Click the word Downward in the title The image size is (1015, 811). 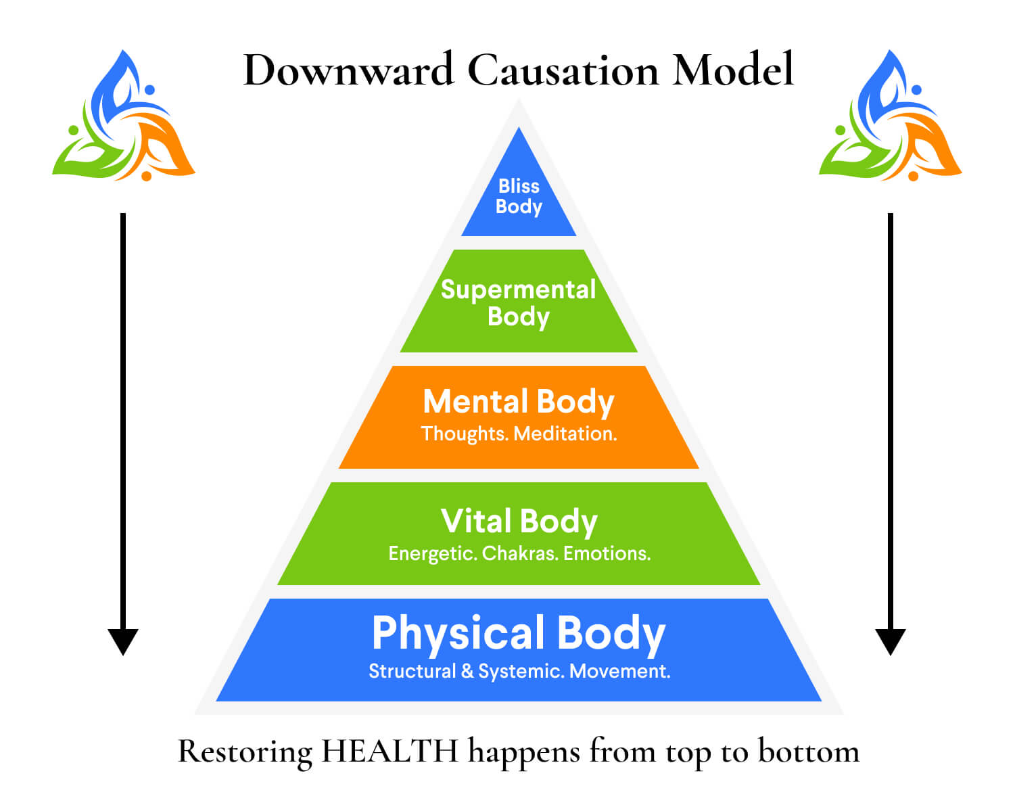tap(348, 70)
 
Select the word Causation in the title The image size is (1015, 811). tap(563, 70)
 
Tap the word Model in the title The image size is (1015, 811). tap(732, 70)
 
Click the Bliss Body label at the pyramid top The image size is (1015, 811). tap(519, 196)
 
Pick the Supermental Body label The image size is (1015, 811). tap(519, 303)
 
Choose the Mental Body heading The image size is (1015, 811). tap(519, 402)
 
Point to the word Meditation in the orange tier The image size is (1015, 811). tap(565, 434)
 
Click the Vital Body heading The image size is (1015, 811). tap(519, 522)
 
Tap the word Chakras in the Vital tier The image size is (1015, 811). tap(520, 553)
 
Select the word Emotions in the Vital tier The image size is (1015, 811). tap(607, 553)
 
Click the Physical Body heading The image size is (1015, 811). tap(519, 633)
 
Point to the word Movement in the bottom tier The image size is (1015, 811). tap(620, 671)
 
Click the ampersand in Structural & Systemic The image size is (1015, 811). tap(467, 671)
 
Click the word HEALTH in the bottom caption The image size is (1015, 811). tap(390, 751)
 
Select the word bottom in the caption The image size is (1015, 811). tap(808, 751)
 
